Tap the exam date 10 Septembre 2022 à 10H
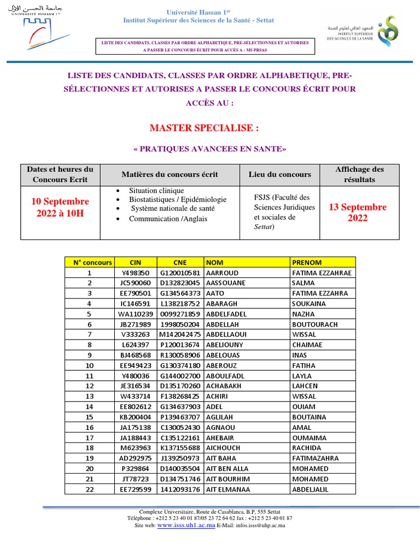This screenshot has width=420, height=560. coord(60,207)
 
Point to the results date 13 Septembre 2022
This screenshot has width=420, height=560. coord(358,213)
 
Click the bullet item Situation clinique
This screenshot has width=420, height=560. coord(156,191)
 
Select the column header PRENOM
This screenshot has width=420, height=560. coord(307,262)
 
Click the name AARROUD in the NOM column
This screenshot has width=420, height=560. coord(223,272)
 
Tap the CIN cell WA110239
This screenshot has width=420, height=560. coord(136,314)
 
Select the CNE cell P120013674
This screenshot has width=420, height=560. coord(180,345)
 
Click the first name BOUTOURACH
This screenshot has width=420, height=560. coord(315,324)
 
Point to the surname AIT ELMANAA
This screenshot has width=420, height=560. coord(230,489)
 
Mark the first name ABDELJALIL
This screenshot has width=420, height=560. coord(311,489)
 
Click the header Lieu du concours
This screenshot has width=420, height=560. coord(279,174)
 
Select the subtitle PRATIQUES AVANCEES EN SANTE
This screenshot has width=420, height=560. coord(209,149)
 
